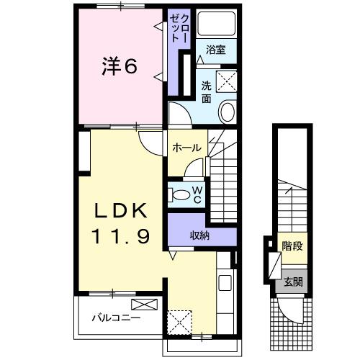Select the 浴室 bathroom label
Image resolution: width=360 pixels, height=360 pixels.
click(216, 50)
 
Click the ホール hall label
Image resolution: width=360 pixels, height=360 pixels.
click(186, 147)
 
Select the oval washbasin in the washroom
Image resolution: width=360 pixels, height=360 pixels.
click(227, 112)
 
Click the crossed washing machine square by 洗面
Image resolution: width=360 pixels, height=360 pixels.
click(228, 81)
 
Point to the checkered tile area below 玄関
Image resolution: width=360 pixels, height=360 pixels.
click(292, 320)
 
